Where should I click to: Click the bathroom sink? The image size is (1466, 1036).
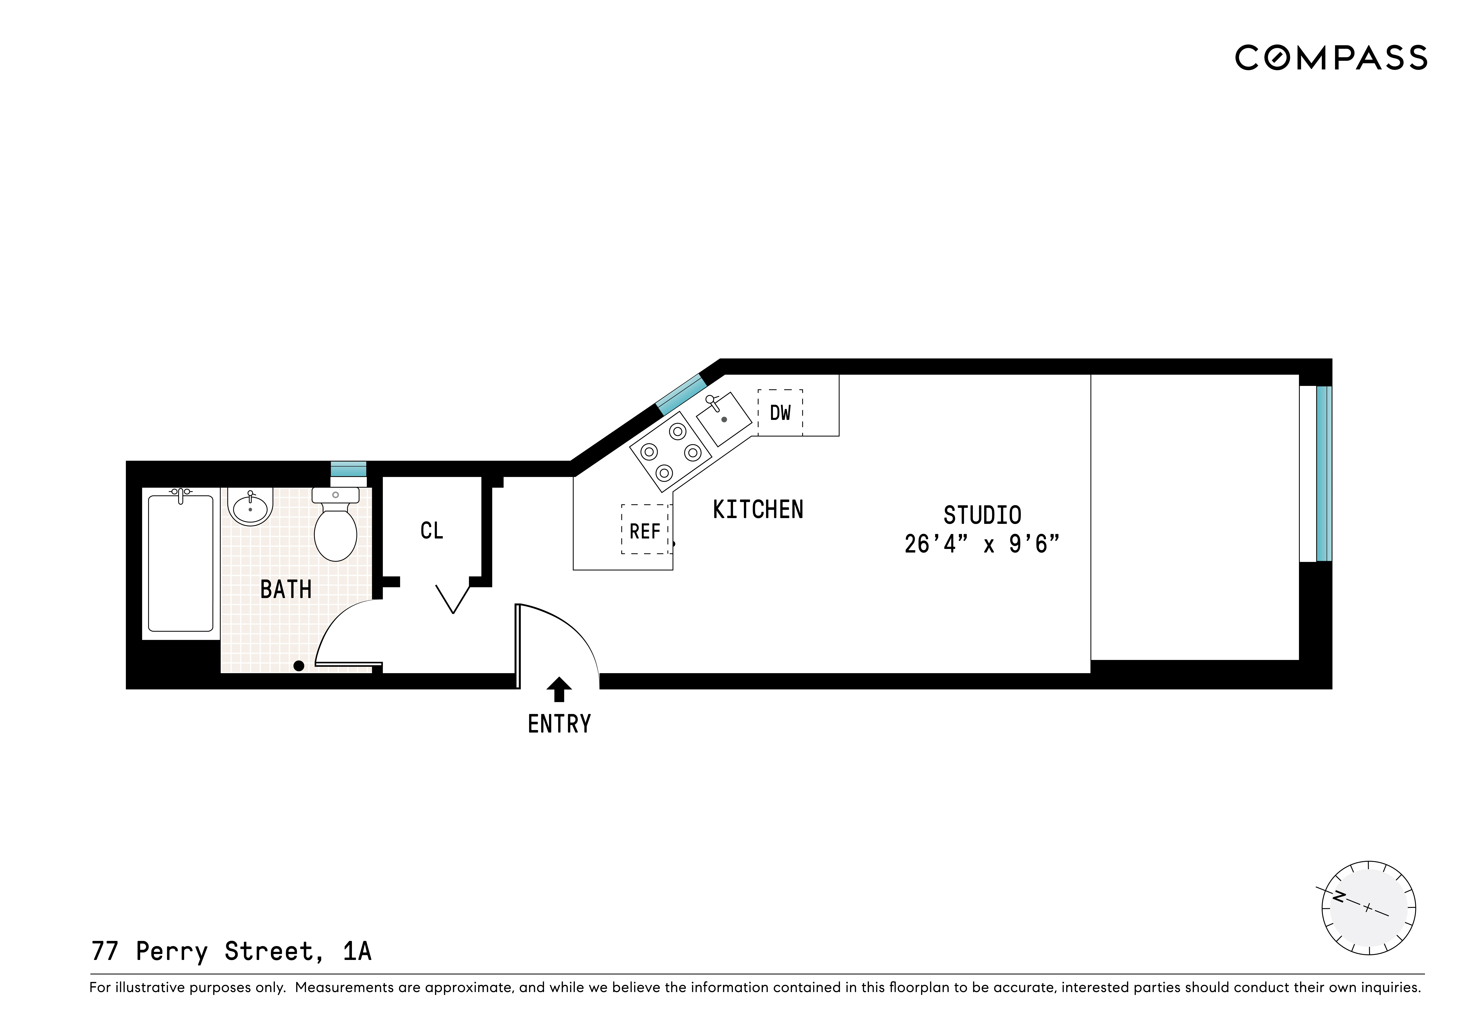pyautogui.click(x=250, y=507)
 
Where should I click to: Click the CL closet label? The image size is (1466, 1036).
pyautogui.click(x=432, y=530)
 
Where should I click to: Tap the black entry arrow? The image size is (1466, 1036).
pyautogui.click(x=559, y=689)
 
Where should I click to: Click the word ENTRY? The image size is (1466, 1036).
pyautogui.click(x=559, y=724)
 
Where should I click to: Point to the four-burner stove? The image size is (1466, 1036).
pyautogui.click(x=670, y=452)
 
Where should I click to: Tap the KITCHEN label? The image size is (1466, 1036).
pyautogui.click(x=758, y=509)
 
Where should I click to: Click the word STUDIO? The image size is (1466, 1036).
pyautogui.click(x=982, y=515)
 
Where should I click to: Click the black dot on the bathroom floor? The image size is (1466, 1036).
pyautogui.click(x=298, y=666)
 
